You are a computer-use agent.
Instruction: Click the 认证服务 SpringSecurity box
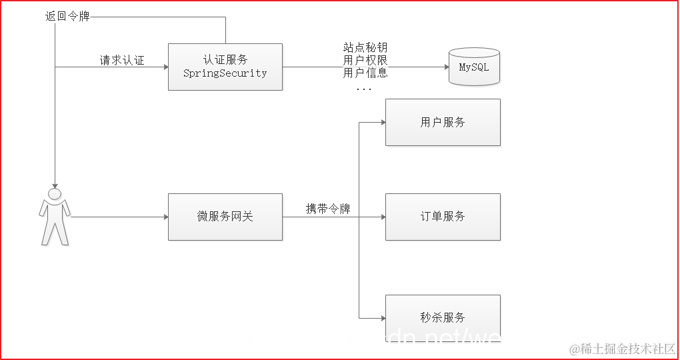(225, 67)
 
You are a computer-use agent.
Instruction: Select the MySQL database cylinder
(474, 67)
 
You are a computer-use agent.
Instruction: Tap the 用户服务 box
(443, 123)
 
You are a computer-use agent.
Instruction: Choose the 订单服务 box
(443, 217)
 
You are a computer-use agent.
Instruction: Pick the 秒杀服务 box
(443, 317)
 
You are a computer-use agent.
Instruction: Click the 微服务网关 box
(225, 217)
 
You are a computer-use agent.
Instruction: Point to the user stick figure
(55, 217)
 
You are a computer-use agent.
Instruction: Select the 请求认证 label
(122, 61)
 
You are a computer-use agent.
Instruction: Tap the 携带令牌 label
(328, 209)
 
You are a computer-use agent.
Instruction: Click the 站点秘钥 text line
(365, 48)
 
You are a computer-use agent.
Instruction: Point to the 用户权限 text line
(365, 61)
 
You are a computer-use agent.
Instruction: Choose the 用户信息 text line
(365, 73)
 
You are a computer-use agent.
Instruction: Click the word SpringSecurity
(225, 73)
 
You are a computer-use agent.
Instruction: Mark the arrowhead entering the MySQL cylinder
(445, 67)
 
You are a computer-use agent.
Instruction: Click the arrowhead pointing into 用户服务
(382, 123)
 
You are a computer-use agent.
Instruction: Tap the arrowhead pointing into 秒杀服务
(382, 317)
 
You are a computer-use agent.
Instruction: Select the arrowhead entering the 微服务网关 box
(164, 217)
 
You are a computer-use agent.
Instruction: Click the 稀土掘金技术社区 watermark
(622, 349)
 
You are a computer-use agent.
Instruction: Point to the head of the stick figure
(55, 194)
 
